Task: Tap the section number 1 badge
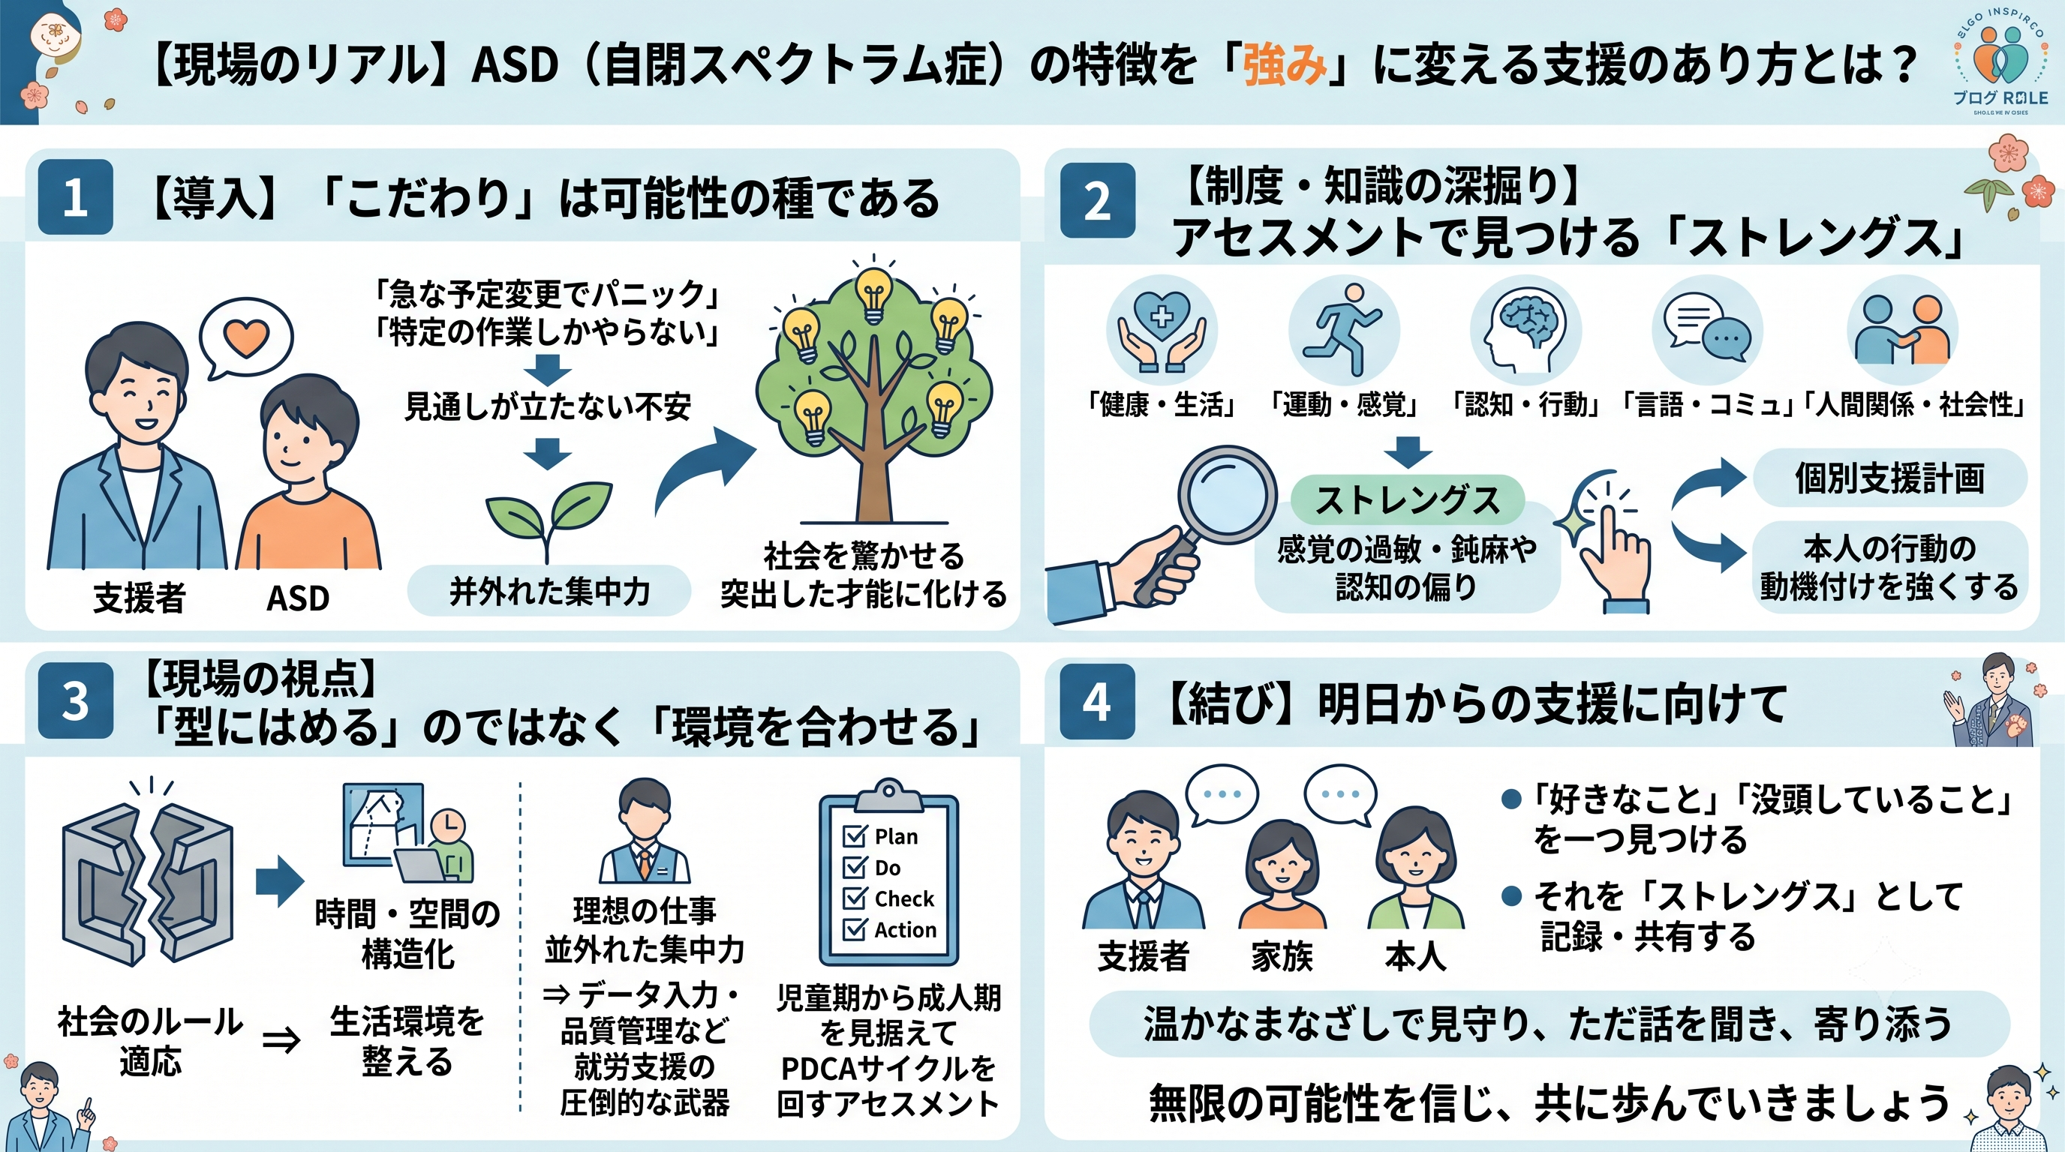pos(75,197)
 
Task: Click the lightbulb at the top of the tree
pos(873,295)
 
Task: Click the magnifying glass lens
pos(1227,493)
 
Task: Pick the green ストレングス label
pos(1408,500)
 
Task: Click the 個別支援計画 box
pos(1889,478)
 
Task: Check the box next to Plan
pos(855,836)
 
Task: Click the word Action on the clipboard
pos(905,930)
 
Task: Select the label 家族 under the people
pos(1282,956)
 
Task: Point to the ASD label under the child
pos(297,598)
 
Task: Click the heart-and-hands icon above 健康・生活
pos(1162,331)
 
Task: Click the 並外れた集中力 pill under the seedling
pos(549,591)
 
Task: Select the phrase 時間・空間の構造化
pos(407,933)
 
